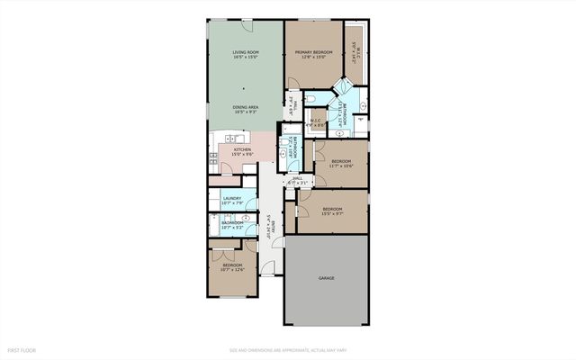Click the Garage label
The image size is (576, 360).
click(326, 278)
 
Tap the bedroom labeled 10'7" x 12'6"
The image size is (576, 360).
click(233, 266)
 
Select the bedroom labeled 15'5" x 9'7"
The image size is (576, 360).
click(334, 211)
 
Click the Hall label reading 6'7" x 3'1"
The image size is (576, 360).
click(298, 181)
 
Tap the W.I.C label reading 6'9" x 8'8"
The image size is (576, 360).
click(317, 122)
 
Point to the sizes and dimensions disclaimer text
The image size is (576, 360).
click(287, 349)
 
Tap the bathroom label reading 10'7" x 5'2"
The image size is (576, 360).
click(233, 225)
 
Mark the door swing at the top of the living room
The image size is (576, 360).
click(245, 25)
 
